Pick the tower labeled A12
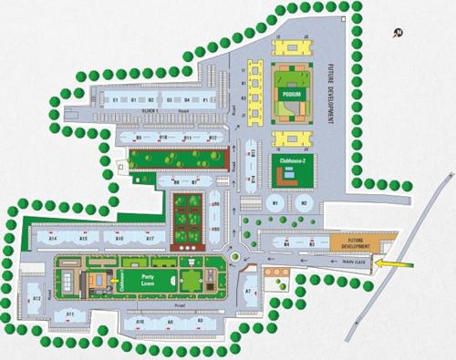tap(37, 298)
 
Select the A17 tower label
tap(149, 238)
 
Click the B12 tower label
tap(211, 137)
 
